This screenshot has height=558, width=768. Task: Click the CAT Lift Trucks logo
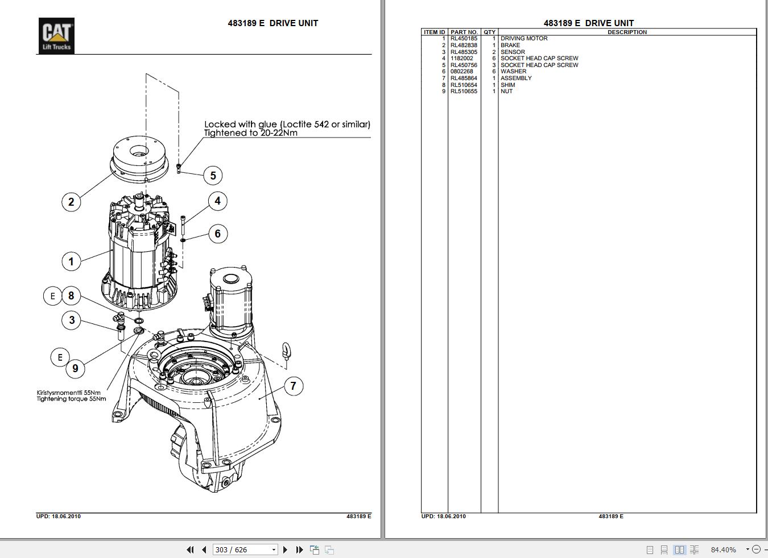point(56,35)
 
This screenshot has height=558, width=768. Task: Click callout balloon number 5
point(213,176)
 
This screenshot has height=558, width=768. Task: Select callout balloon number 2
point(71,202)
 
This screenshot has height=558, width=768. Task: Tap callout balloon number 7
point(293,386)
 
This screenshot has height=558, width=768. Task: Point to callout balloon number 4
point(217,201)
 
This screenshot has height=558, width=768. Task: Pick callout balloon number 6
point(217,234)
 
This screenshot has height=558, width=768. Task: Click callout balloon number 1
point(71,261)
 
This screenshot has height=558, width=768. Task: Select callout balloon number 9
point(75,368)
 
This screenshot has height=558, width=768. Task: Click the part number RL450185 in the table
point(464,39)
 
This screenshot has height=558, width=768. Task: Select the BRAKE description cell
point(510,45)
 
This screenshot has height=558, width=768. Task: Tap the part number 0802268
point(461,72)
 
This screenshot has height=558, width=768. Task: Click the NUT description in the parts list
point(506,91)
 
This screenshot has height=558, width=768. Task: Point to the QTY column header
point(489,32)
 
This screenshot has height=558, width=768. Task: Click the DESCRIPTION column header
point(627,32)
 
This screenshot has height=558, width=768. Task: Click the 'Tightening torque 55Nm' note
point(72,399)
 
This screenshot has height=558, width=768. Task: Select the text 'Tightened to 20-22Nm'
point(251,133)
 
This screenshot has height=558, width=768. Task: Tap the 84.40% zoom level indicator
point(723,549)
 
